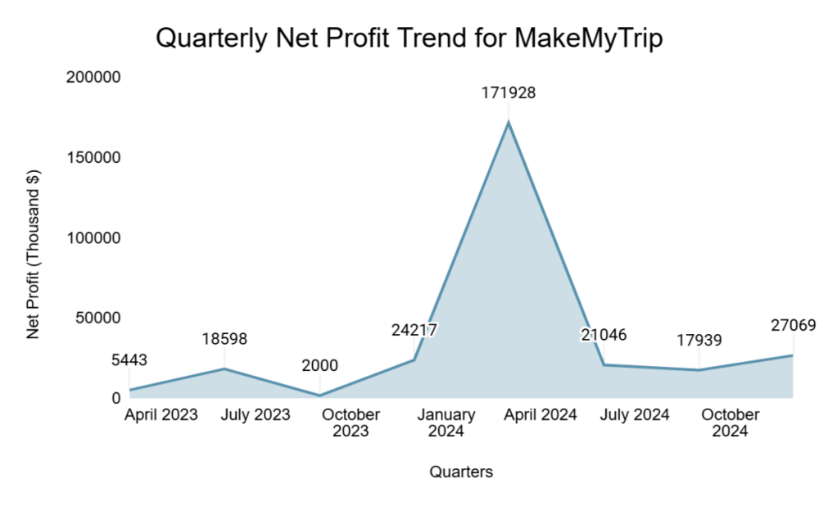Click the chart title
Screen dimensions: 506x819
[409, 38]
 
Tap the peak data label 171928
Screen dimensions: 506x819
[508, 93]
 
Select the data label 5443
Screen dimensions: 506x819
[129, 359]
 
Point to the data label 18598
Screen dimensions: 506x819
[224, 338]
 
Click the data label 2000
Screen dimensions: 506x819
[319, 365]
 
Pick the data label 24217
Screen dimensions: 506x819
[414, 330]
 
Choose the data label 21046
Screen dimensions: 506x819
[604, 334]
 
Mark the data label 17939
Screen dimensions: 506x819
[699, 340]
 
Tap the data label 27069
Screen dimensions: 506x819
[793, 325]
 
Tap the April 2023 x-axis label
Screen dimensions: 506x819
[161, 414]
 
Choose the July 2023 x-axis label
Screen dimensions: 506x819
[256, 414]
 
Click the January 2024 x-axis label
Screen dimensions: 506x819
[446, 422]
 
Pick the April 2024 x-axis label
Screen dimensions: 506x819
[541, 414]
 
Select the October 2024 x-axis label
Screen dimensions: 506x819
[730, 422]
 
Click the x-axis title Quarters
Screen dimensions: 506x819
[461, 472]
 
